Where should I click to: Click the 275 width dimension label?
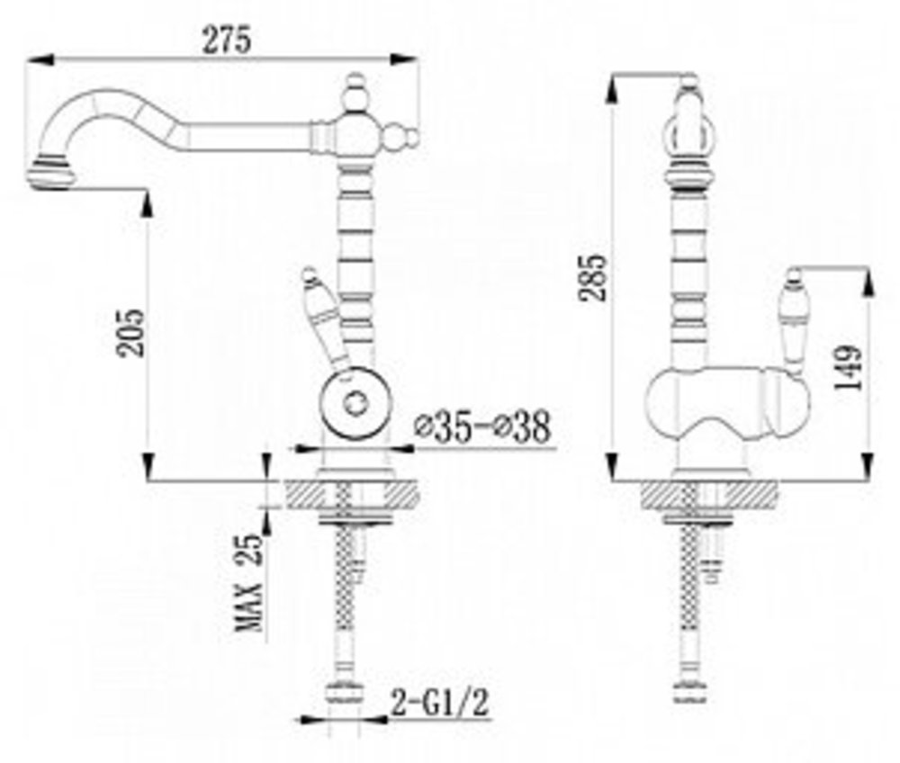tap(227, 40)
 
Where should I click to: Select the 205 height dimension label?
tap(130, 333)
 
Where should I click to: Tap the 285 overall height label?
tap(592, 277)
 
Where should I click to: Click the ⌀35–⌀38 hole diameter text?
tap(482, 426)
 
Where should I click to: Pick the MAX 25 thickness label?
tap(249, 582)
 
